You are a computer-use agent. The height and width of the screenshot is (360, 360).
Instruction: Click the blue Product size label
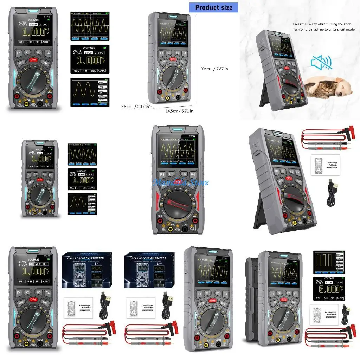tap(213, 7)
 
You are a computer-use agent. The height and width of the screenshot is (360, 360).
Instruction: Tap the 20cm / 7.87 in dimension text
tap(214, 69)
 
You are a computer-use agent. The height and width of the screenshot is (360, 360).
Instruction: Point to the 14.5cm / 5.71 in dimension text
tap(180, 111)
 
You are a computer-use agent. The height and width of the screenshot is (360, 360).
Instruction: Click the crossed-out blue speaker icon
tap(321, 63)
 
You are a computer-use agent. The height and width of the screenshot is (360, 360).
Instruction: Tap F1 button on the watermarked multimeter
tap(162, 174)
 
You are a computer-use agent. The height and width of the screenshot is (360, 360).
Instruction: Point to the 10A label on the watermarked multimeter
tap(160, 216)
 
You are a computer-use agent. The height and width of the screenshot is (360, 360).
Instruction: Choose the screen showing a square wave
tap(328, 262)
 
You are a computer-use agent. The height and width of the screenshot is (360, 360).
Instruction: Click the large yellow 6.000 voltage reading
tap(327, 289)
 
